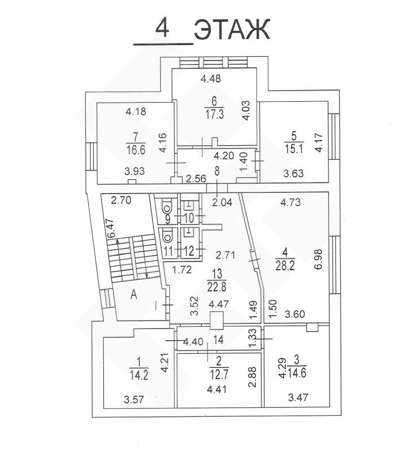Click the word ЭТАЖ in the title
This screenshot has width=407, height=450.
[x=232, y=29]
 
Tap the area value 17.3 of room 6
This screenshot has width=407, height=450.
[x=215, y=114]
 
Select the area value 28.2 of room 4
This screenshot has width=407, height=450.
[x=285, y=265]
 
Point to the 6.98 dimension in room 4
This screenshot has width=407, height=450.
[x=318, y=259]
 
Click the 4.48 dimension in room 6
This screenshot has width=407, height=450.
[x=211, y=79]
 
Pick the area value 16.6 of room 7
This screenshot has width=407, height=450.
[x=136, y=150]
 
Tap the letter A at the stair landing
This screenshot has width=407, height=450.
[x=134, y=295]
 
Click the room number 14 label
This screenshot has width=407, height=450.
[x=218, y=340]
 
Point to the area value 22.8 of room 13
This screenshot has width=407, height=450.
[x=217, y=287]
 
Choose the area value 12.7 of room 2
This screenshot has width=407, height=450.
[x=219, y=375]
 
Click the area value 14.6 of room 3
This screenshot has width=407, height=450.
[x=297, y=373]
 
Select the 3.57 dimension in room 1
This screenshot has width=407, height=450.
[x=134, y=399]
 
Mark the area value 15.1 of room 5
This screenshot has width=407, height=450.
[x=294, y=148]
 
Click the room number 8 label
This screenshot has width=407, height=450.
[x=217, y=171]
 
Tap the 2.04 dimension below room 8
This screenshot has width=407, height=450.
[x=222, y=202]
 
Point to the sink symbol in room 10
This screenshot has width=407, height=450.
[x=188, y=205]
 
